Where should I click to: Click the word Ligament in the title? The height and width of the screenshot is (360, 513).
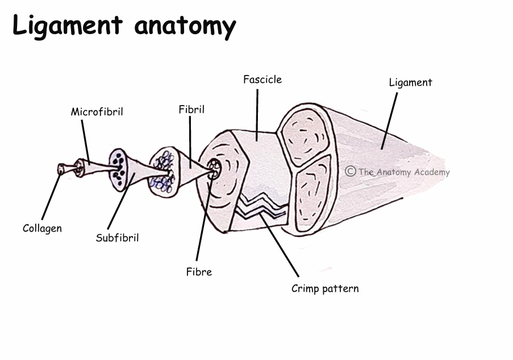pyautogui.click(x=68, y=26)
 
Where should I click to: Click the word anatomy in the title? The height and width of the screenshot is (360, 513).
pyautogui.click(x=185, y=26)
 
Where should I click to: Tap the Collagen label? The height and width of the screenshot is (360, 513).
pyautogui.click(x=42, y=228)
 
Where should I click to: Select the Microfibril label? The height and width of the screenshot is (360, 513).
pyautogui.click(x=97, y=112)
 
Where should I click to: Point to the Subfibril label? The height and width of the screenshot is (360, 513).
pyautogui.click(x=117, y=238)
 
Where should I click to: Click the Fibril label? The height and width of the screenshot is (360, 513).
pyautogui.click(x=191, y=110)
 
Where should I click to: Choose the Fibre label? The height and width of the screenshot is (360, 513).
pyautogui.click(x=199, y=272)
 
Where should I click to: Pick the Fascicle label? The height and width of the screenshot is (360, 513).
pyautogui.click(x=262, y=79)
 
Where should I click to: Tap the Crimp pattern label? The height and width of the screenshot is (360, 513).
pyautogui.click(x=325, y=288)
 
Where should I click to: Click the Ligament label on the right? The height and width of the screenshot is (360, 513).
pyautogui.click(x=410, y=82)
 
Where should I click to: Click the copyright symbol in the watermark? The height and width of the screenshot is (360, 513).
pyautogui.click(x=351, y=171)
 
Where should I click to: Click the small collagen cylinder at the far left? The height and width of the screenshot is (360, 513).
pyautogui.click(x=62, y=169)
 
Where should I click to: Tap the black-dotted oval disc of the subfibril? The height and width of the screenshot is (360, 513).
pyautogui.click(x=119, y=169)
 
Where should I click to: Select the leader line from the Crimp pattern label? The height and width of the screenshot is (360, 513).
pyautogui.click(x=281, y=245)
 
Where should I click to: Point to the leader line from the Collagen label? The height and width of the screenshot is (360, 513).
pyautogui.click(x=51, y=196)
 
